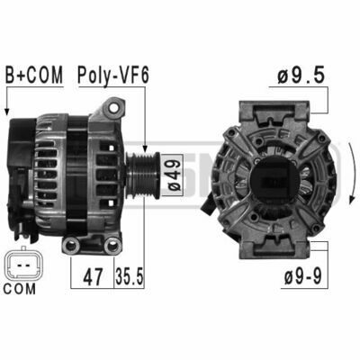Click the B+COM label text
(34, 75)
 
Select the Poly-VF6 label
(113, 76)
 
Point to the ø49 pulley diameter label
(173, 175)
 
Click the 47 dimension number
(93, 277)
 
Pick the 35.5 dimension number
(130, 276)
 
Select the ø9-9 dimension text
(303, 276)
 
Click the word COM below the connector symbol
(20, 289)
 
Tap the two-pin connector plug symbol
(22, 265)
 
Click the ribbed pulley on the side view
(142, 175)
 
